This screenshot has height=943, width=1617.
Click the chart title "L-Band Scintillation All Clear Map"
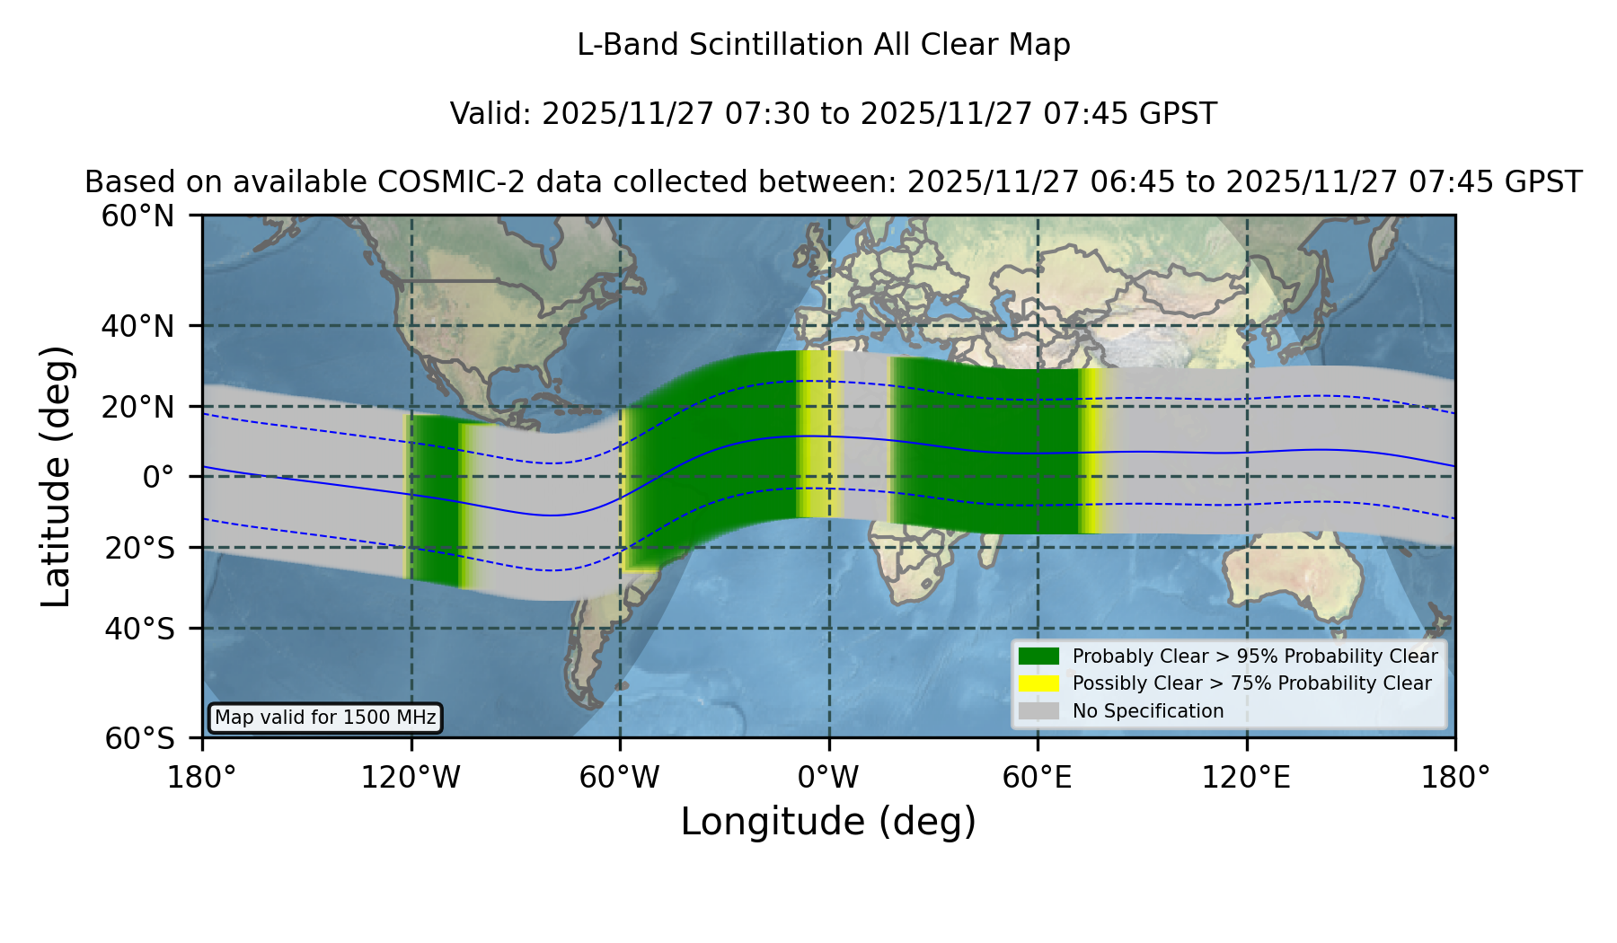[823, 45]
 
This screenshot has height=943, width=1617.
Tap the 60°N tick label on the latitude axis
[137, 216]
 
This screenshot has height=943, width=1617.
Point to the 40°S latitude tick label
[139, 629]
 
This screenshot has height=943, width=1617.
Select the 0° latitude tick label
[158, 476]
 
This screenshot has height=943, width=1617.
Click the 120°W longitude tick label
[411, 778]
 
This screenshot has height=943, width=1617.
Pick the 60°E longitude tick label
[1038, 778]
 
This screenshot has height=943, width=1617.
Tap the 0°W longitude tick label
[828, 778]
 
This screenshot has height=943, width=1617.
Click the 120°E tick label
[1246, 778]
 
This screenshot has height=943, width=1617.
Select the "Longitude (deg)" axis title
[828, 822]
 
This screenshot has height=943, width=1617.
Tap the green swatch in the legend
[1038, 656]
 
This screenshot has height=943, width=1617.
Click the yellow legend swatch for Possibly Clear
[1038, 683]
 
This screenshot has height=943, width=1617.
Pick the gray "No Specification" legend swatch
[1038, 710]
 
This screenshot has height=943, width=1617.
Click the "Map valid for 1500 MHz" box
[325, 718]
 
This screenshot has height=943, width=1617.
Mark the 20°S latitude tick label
[139, 548]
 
